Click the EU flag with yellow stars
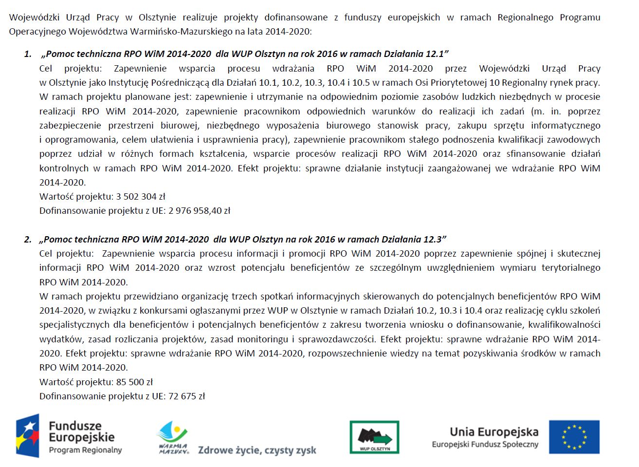click(574, 437)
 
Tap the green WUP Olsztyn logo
click(374, 437)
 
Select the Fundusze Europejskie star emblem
click(28, 436)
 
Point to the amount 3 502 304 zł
click(141, 197)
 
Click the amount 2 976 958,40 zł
click(199, 211)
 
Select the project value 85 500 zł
click(134, 382)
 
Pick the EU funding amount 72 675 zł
click(186, 396)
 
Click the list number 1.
click(28, 54)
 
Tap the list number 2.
click(28, 240)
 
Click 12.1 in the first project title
click(435, 54)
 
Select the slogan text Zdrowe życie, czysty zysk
click(257, 450)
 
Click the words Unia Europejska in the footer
click(494, 432)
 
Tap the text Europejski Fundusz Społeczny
click(485, 445)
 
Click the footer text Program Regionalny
click(85, 450)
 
